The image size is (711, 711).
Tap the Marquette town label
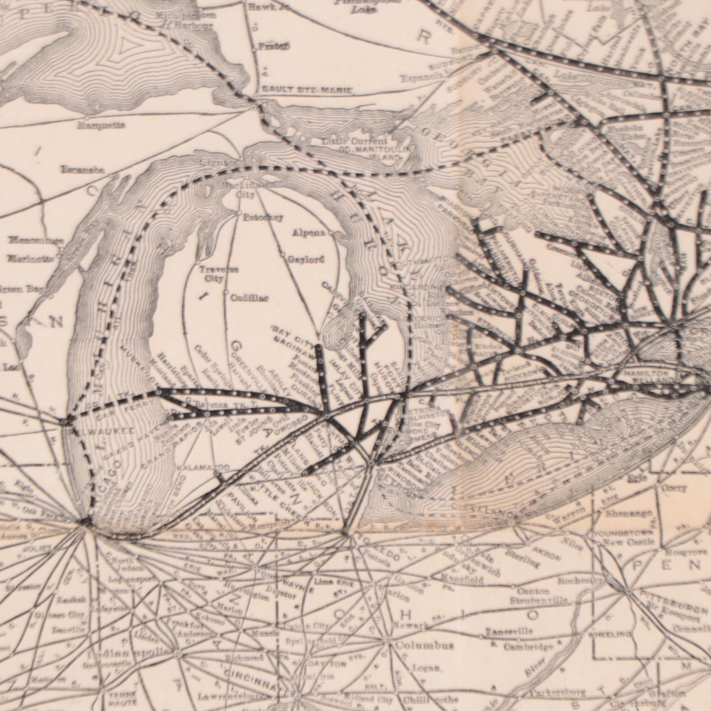pyautogui.click(x=101, y=126)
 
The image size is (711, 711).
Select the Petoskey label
pyautogui.click(x=263, y=217)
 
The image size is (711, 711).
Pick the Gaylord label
pyautogui.click(x=306, y=259)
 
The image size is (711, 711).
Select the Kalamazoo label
pyautogui.click(x=203, y=468)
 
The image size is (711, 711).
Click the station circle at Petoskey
pyautogui.click(x=239, y=213)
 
